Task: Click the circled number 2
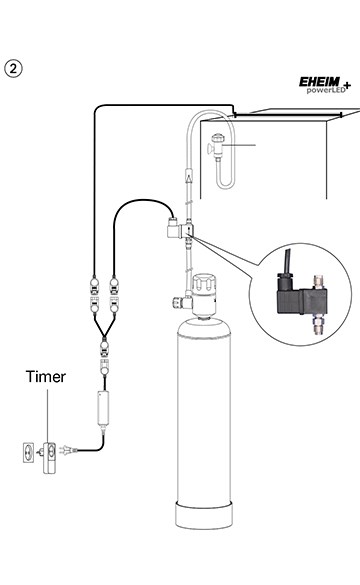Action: pos(14,69)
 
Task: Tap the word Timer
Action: pos(48,378)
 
